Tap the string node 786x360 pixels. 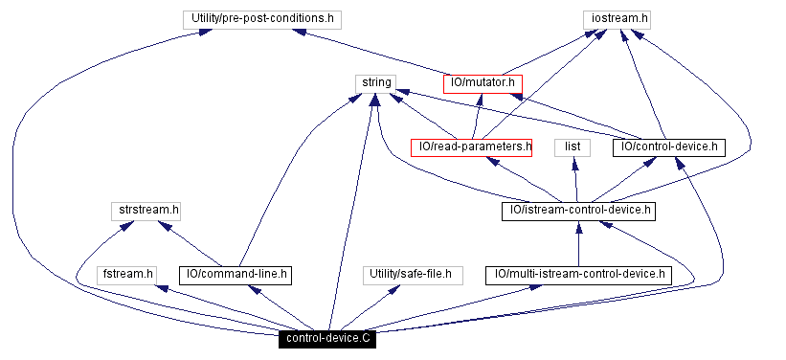click(x=376, y=82)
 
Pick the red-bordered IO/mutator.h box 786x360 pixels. click(x=483, y=83)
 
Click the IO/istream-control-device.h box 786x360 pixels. click(x=577, y=210)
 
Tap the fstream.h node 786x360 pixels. click(x=128, y=275)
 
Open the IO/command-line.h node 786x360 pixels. click(x=235, y=275)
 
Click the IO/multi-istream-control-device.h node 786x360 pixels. click(x=577, y=275)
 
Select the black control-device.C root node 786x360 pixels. click(x=327, y=339)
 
